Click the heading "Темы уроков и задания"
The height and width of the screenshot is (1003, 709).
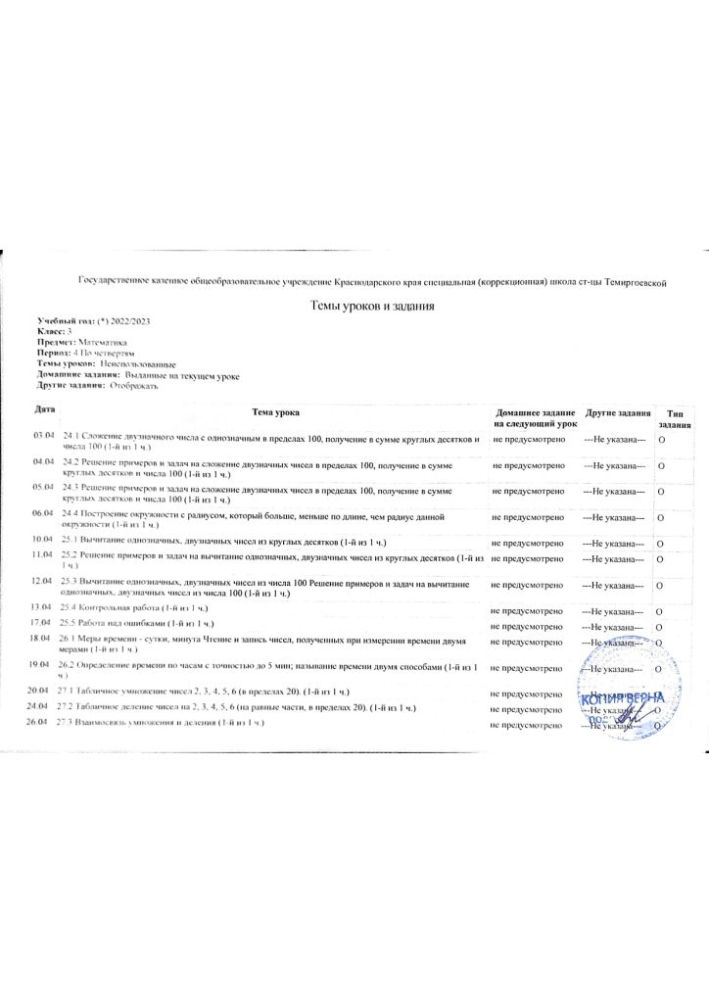point(371,306)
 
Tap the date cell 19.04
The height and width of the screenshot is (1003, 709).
point(42,664)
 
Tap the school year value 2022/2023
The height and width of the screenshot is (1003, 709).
point(132,322)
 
